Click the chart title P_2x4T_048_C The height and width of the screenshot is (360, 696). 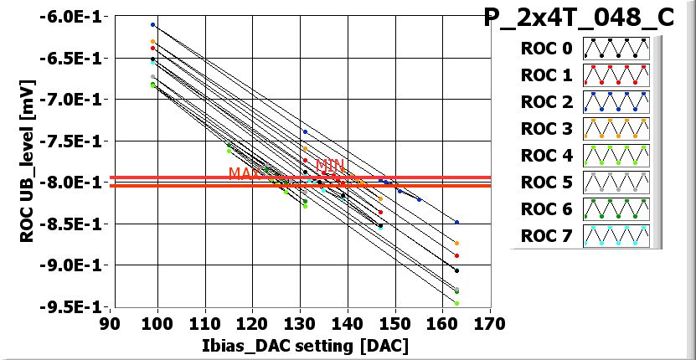[x=579, y=19]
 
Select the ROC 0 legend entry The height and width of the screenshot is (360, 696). [x=546, y=49]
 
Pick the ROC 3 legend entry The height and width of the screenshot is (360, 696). [x=546, y=129]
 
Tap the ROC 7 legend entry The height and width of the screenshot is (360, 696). [x=546, y=235]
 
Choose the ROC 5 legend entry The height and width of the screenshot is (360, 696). [x=546, y=183]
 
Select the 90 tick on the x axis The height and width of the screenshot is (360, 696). [x=109, y=323]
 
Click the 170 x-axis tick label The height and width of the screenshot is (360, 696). [x=489, y=323]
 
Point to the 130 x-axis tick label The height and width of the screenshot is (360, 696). [x=299, y=323]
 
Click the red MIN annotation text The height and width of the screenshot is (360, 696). [x=330, y=166]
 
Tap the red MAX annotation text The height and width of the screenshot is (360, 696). [x=245, y=173]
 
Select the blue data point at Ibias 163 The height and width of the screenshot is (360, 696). [x=456, y=223]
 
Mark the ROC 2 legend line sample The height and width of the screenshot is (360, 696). [x=617, y=102]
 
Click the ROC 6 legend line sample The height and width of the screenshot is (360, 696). [x=617, y=208]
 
